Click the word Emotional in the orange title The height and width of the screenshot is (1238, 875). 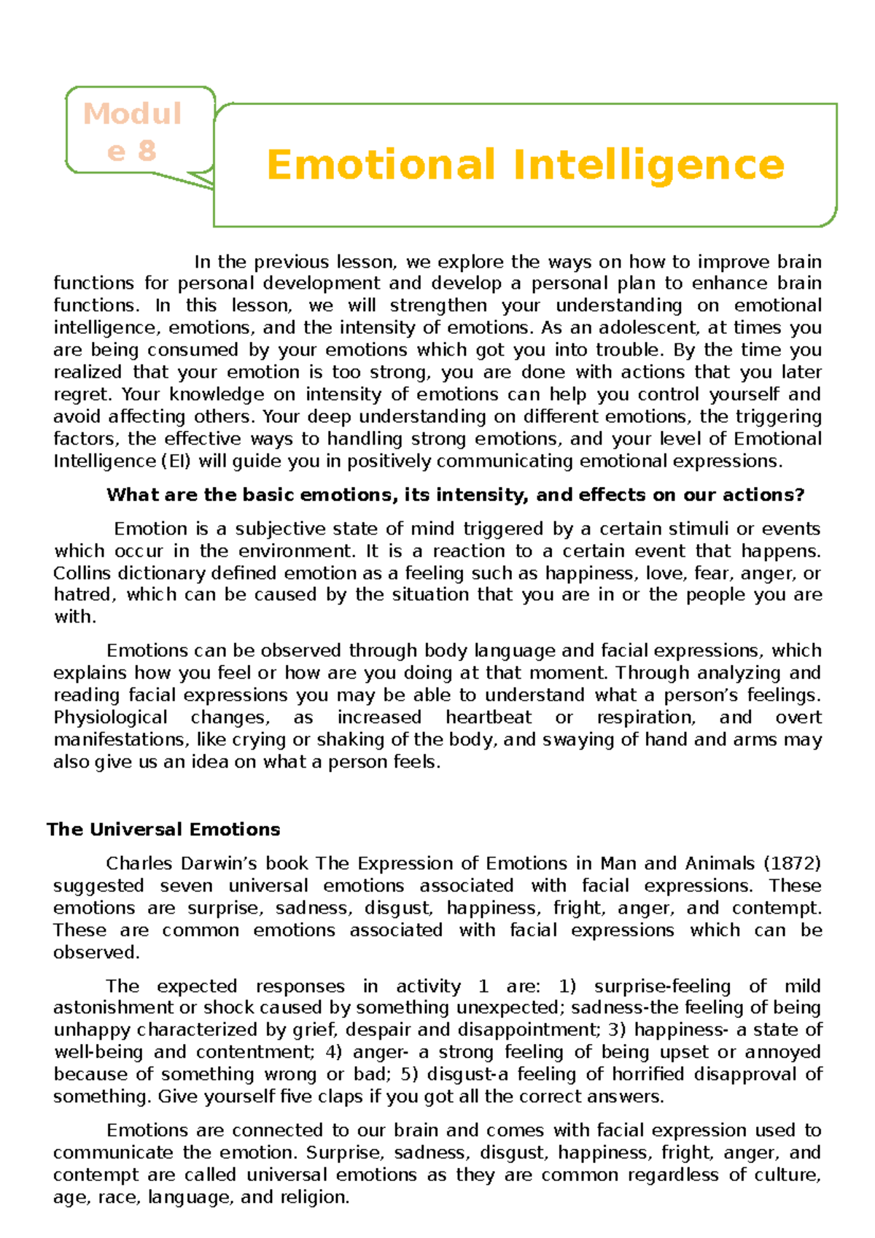point(381,165)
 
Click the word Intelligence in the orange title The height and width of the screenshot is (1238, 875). point(649,166)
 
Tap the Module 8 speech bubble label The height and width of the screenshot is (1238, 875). point(132,132)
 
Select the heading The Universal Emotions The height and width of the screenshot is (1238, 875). point(163,830)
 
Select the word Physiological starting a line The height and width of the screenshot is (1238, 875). point(110,717)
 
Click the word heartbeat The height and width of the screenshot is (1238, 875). point(489,717)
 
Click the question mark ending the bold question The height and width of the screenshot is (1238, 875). point(800,495)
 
